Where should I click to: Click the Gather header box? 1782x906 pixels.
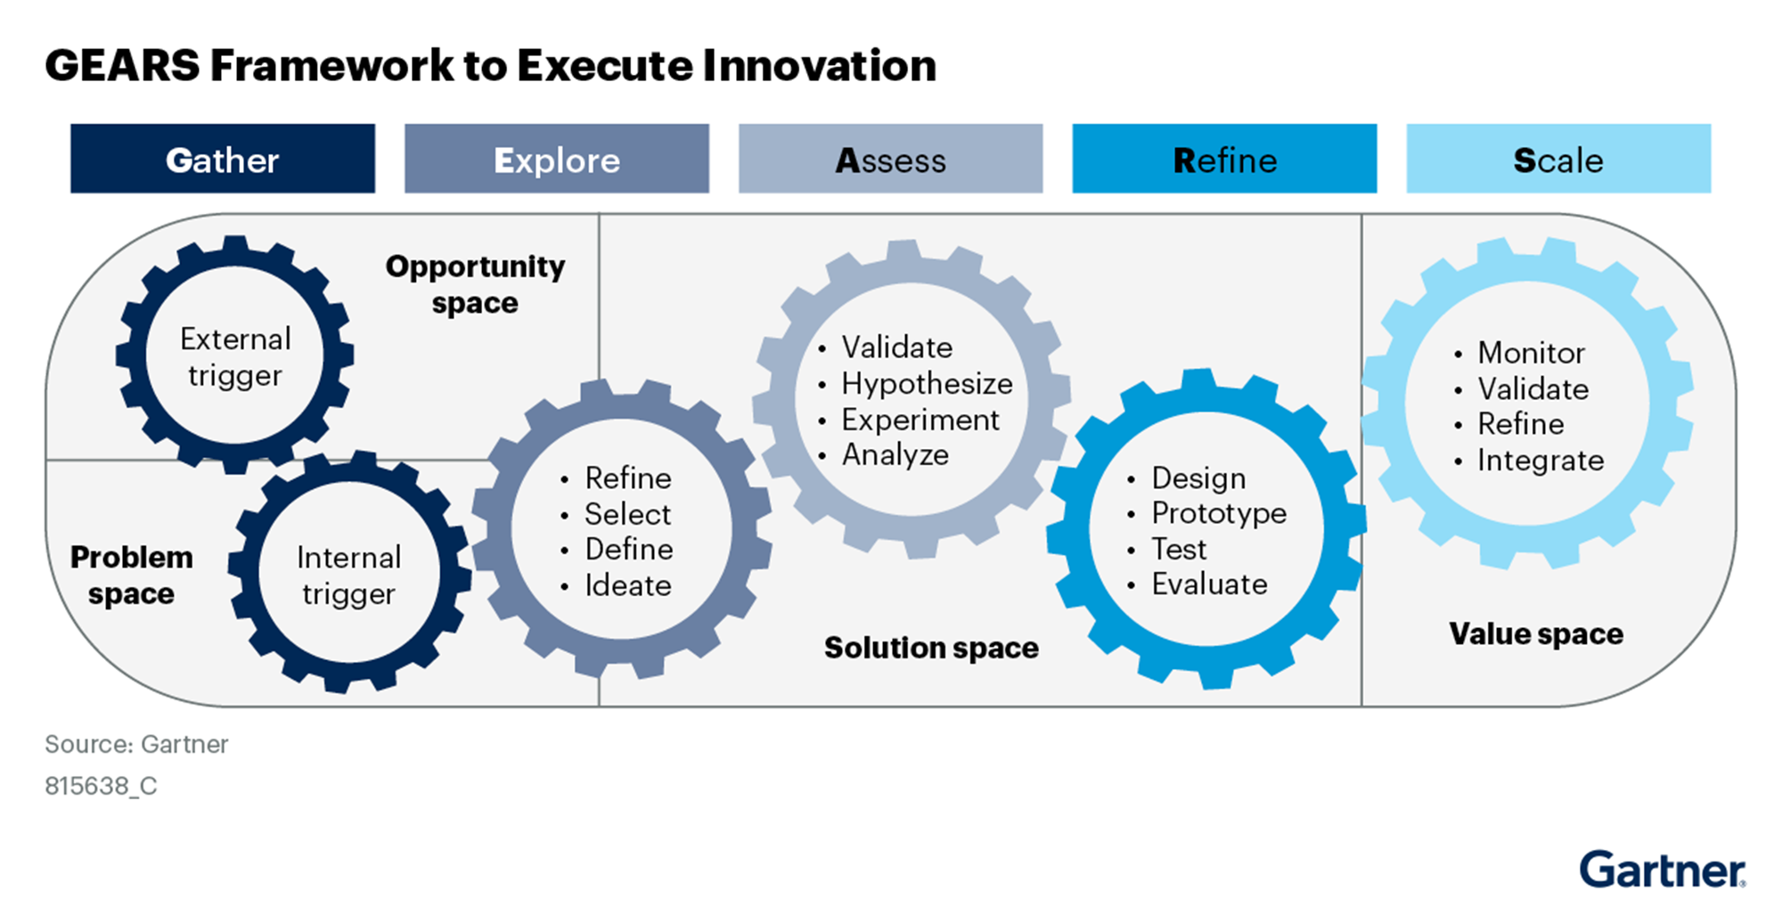coord(223,159)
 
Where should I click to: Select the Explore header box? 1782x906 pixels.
coord(557,159)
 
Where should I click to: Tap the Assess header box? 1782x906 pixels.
coord(891,159)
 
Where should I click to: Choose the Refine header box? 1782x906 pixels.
coord(1224,159)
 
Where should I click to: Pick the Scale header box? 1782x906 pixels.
coord(1558,159)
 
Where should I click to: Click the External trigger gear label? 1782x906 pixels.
coord(235,357)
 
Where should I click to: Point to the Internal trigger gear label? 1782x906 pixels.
coord(348,575)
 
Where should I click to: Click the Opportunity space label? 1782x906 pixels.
coord(475,284)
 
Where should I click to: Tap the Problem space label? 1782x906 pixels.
coord(131,575)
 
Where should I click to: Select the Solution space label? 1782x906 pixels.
coord(931,648)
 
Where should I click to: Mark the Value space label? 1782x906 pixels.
coord(1536,633)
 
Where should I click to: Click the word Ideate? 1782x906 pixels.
coord(628,585)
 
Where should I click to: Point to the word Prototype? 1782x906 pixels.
coord(1219,513)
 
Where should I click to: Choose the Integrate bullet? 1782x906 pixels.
coord(1530,460)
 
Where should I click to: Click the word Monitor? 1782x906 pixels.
coord(1532,353)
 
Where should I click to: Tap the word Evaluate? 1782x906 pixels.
coord(1209,584)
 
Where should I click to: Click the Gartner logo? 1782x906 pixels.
coord(1663,869)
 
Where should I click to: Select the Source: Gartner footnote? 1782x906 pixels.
coord(136,744)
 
